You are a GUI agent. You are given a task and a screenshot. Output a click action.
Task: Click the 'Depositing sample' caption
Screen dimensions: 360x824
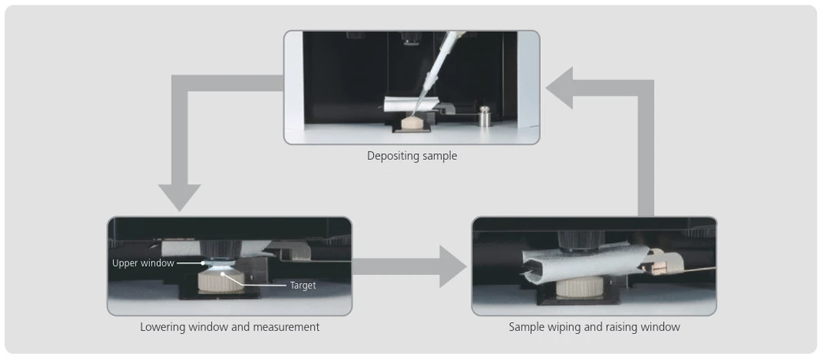click(x=412, y=156)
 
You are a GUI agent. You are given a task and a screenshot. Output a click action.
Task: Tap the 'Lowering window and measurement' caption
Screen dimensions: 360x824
click(x=229, y=327)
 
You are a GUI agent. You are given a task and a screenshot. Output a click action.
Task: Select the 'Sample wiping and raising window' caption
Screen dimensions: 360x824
click(x=594, y=327)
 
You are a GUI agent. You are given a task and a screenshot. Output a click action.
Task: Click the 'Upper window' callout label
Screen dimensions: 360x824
click(x=143, y=263)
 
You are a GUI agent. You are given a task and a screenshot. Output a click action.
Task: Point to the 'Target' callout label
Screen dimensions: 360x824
click(x=302, y=285)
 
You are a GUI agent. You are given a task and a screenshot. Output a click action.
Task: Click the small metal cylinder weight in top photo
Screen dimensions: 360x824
click(x=485, y=117)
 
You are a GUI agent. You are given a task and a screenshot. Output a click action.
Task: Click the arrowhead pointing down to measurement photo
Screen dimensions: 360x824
click(x=178, y=198)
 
